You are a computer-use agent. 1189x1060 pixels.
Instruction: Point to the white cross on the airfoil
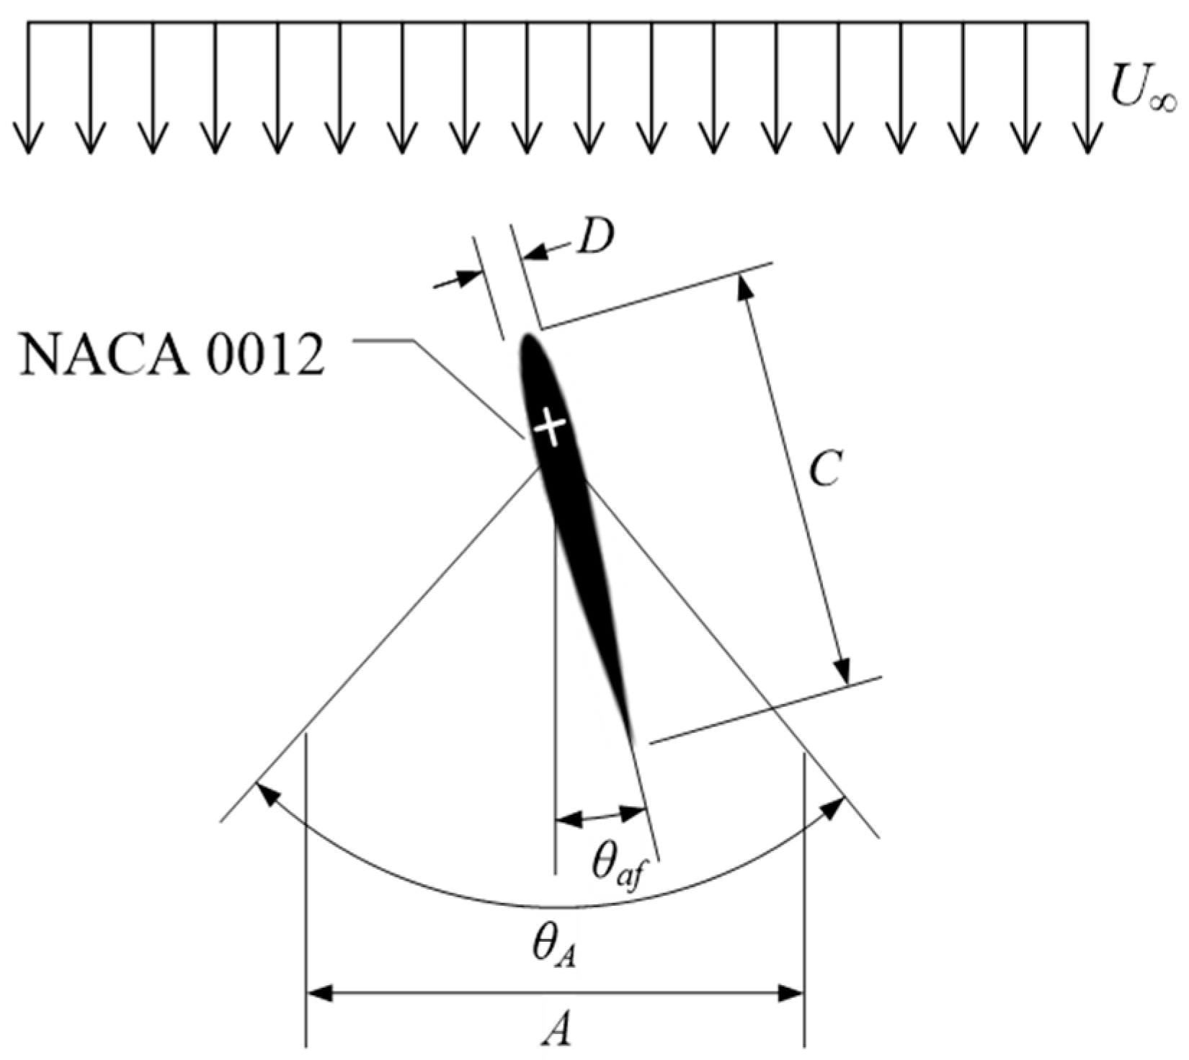pos(551,427)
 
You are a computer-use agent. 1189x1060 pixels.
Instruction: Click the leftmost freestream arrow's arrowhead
pos(29,141)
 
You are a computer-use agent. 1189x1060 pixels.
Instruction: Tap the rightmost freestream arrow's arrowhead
pos(1087,141)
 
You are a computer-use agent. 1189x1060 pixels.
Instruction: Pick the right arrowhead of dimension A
pos(792,994)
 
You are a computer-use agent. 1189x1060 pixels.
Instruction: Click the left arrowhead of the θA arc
pos(266,793)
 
